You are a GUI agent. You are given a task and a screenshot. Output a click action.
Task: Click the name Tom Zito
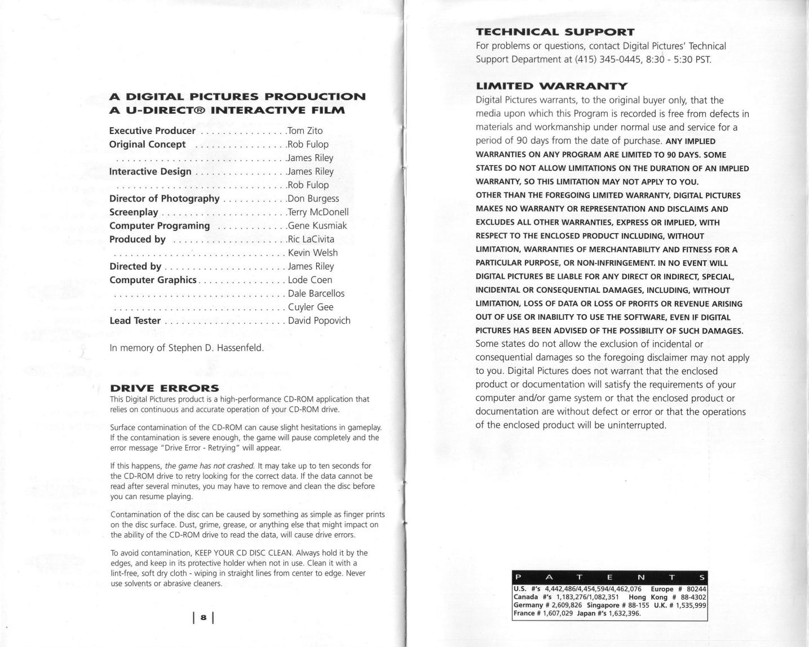(305, 131)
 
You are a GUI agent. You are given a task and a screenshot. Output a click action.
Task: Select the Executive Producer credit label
(152, 131)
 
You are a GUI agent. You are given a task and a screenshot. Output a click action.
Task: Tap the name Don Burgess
(313, 198)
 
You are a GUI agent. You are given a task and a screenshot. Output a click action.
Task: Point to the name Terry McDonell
(319, 212)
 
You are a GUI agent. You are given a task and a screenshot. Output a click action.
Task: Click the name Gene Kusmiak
(317, 225)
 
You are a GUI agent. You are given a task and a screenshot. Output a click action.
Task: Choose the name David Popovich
(319, 320)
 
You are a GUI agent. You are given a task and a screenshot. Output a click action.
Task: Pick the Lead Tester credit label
(135, 320)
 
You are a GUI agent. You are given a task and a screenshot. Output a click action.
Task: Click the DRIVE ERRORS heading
(164, 388)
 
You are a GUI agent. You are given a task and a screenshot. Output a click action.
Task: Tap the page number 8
(204, 618)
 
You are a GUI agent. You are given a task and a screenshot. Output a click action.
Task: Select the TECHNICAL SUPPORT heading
(555, 32)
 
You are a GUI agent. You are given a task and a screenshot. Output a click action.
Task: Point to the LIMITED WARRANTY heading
(551, 86)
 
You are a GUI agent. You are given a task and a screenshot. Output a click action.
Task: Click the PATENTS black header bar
(609, 577)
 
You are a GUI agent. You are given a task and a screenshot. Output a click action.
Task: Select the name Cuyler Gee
(311, 307)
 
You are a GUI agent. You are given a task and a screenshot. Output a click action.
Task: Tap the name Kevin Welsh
(313, 252)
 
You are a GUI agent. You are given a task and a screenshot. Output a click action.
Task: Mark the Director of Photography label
(164, 198)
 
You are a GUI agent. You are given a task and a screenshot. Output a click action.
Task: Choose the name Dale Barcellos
(316, 293)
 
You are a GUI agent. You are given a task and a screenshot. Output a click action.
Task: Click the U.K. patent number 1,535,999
(688, 605)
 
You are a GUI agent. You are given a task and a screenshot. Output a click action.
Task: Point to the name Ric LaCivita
(311, 239)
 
